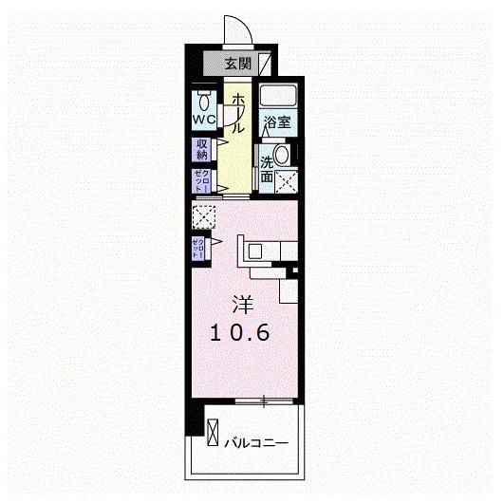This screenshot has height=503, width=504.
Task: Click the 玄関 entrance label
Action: pos(238,65)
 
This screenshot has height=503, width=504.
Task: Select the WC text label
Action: pos(204,121)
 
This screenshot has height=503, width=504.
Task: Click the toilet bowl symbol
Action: pos(204,101)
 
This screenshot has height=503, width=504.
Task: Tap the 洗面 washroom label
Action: pos(267,162)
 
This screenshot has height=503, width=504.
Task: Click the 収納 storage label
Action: pos(202,148)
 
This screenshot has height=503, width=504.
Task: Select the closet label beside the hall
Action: pos(201,180)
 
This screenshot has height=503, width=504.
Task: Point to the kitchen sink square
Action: pos(257,251)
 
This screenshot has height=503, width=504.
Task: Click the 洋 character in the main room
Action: pos(242,306)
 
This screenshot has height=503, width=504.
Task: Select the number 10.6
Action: pos(241,333)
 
